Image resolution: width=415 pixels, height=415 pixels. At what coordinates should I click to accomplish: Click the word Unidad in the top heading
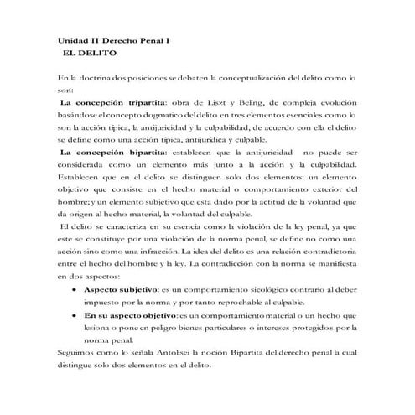(73, 39)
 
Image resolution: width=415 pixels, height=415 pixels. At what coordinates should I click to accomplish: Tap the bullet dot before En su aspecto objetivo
(76, 314)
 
